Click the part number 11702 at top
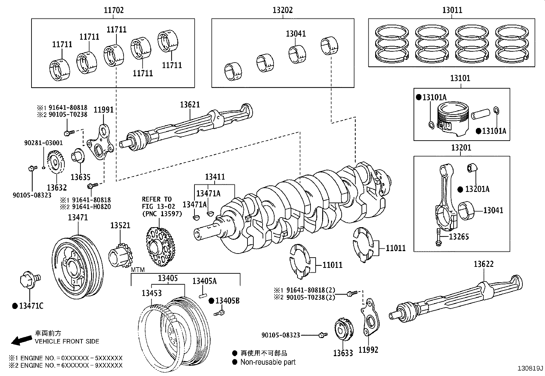coord(114,10)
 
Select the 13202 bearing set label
coord(282,10)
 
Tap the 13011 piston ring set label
coord(452,10)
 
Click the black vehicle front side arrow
coord(22,340)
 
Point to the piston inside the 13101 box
coord(453,118)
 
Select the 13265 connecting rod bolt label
coord(459,236)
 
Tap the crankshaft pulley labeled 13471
coord(78,267)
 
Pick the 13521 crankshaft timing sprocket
coord(121,255)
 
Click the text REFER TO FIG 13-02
coord(159,203)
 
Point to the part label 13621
coord(190,105)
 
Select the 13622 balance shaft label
coord(484,264)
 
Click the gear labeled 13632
coord(56,162)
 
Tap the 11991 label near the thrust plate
coord(104,110)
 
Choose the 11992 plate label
coord(368,350)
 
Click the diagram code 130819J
coord(530,368)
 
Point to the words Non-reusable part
coord(268,362)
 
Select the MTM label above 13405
coord(138,270)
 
